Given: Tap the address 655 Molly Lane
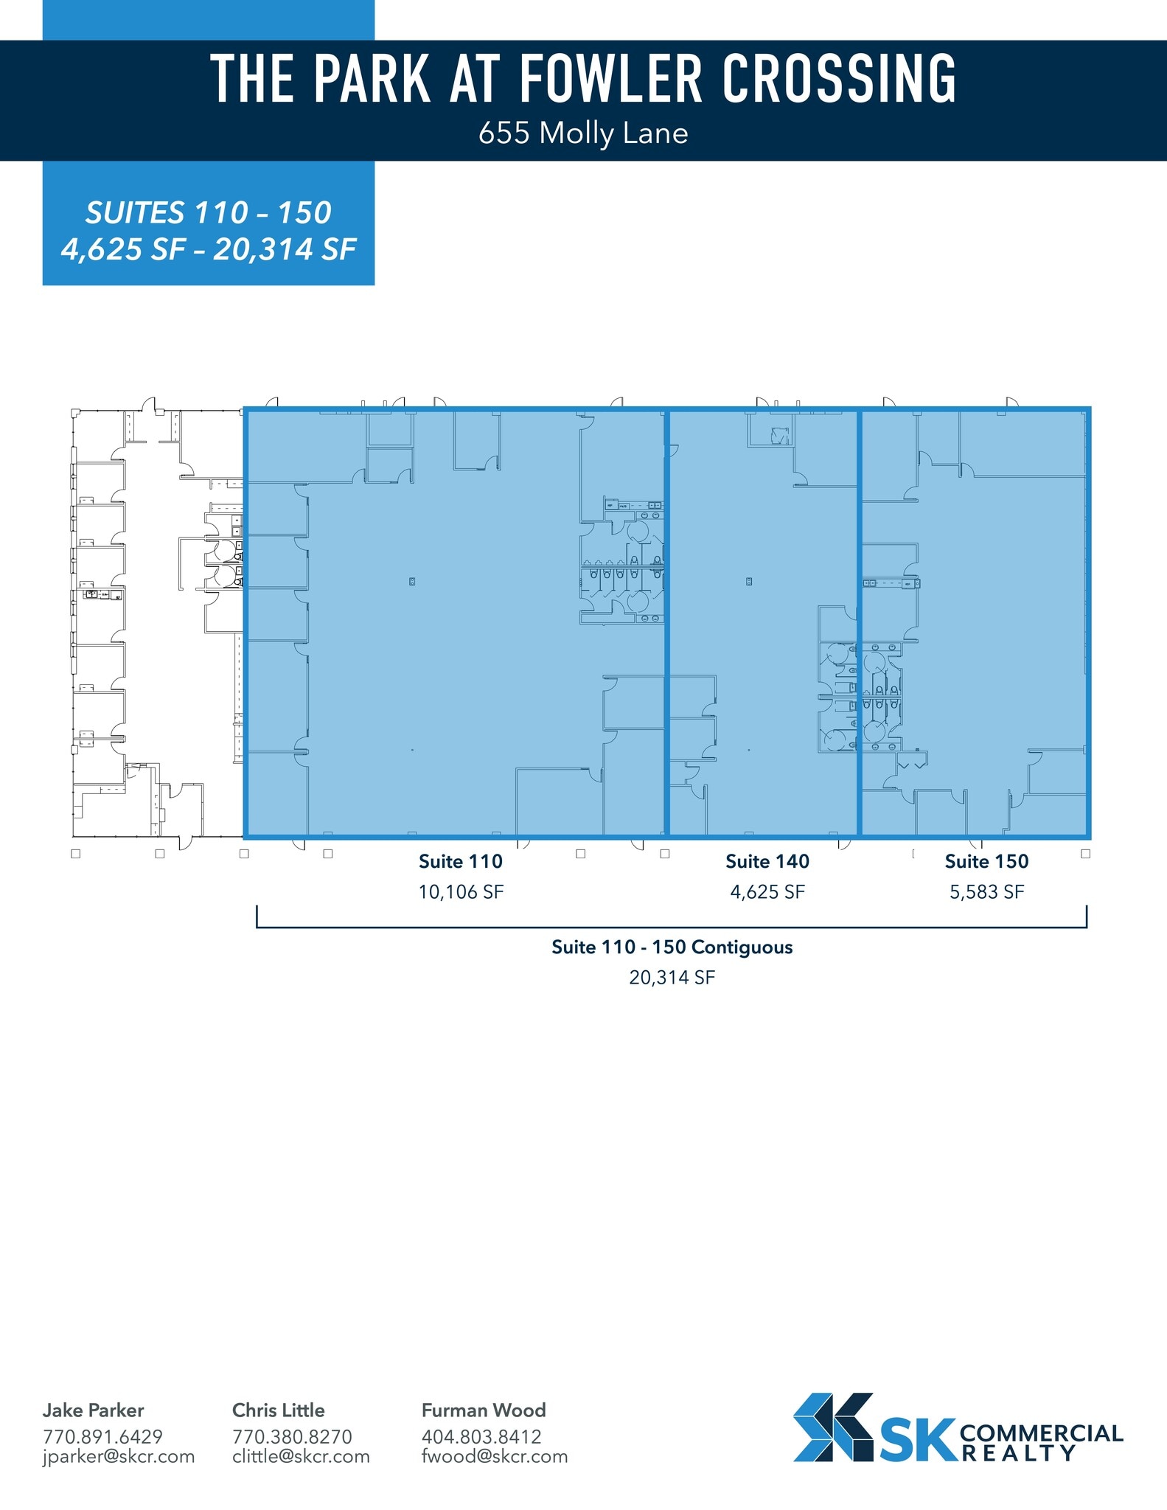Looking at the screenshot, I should pyautogui.click(x=583, y=133).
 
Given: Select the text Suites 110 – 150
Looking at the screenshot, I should pyautogui.click(x=209, y=213).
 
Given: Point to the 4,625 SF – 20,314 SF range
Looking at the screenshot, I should pyautogui.click(x=209, y=249).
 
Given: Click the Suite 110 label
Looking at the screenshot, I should pyautogui.click(x=461, y=861).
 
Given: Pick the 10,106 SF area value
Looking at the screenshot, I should pyautogui.click(x=461, y=892).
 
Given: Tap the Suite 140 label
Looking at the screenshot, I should pyautogui.click(x=767, y=861).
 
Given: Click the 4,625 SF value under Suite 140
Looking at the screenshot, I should pyautogui.click(x=767, y=892).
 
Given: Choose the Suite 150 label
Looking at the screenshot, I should pyautogui.click(x=986, y=861).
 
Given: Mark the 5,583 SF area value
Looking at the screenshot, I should pyautogui.click(x=986, y=892).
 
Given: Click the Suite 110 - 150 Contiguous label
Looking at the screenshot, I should pyautogui.click(x=672, y=947).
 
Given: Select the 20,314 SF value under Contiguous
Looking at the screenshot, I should pyautogui.click(x=672, y=978).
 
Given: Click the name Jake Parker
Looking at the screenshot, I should pyautogui.click(x=93, y=1410).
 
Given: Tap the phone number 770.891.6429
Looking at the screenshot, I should pyautogui.click(x=102, y=1436).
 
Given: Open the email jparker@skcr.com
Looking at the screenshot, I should pyautogui.click(x=119, y=1456).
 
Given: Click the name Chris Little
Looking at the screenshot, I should pyautogui.click(x=278, y=1410).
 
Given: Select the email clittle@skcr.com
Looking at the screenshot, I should pyautogui.click(x=301, y=1456).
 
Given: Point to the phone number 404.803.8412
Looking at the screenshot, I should pyautogui.click(x=481, y=1436).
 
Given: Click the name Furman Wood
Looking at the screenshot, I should pyautogui.click(x=484, y=1410).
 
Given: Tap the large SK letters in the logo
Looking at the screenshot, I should pyautogui.click(x=918, y=1441).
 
